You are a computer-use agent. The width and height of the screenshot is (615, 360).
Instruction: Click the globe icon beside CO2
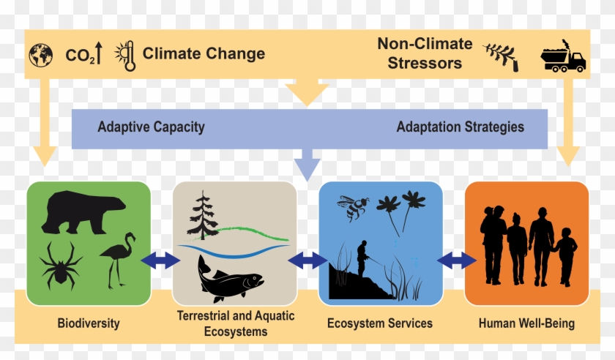(40, 55)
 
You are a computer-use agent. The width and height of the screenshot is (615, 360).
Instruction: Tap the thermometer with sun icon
(126, 55)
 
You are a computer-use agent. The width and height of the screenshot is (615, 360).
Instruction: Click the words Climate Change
(204, 53)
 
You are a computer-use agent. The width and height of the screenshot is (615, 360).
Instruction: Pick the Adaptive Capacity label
(151, 127)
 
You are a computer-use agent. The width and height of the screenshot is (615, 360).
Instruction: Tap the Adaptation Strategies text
(460, 127)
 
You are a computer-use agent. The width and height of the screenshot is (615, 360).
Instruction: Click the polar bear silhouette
(76, 211)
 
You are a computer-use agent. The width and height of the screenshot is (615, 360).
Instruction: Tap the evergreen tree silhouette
(203, 216)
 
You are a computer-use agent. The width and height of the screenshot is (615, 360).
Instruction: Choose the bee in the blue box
(354, 208)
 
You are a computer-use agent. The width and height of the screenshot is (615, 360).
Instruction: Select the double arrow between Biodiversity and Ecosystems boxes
(160, 259)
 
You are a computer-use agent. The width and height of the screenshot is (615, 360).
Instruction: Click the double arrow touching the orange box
(455, 259)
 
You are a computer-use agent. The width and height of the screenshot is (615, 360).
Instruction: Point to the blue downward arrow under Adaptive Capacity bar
(307, 164)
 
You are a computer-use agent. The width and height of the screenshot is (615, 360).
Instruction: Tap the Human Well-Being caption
(526, 323)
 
